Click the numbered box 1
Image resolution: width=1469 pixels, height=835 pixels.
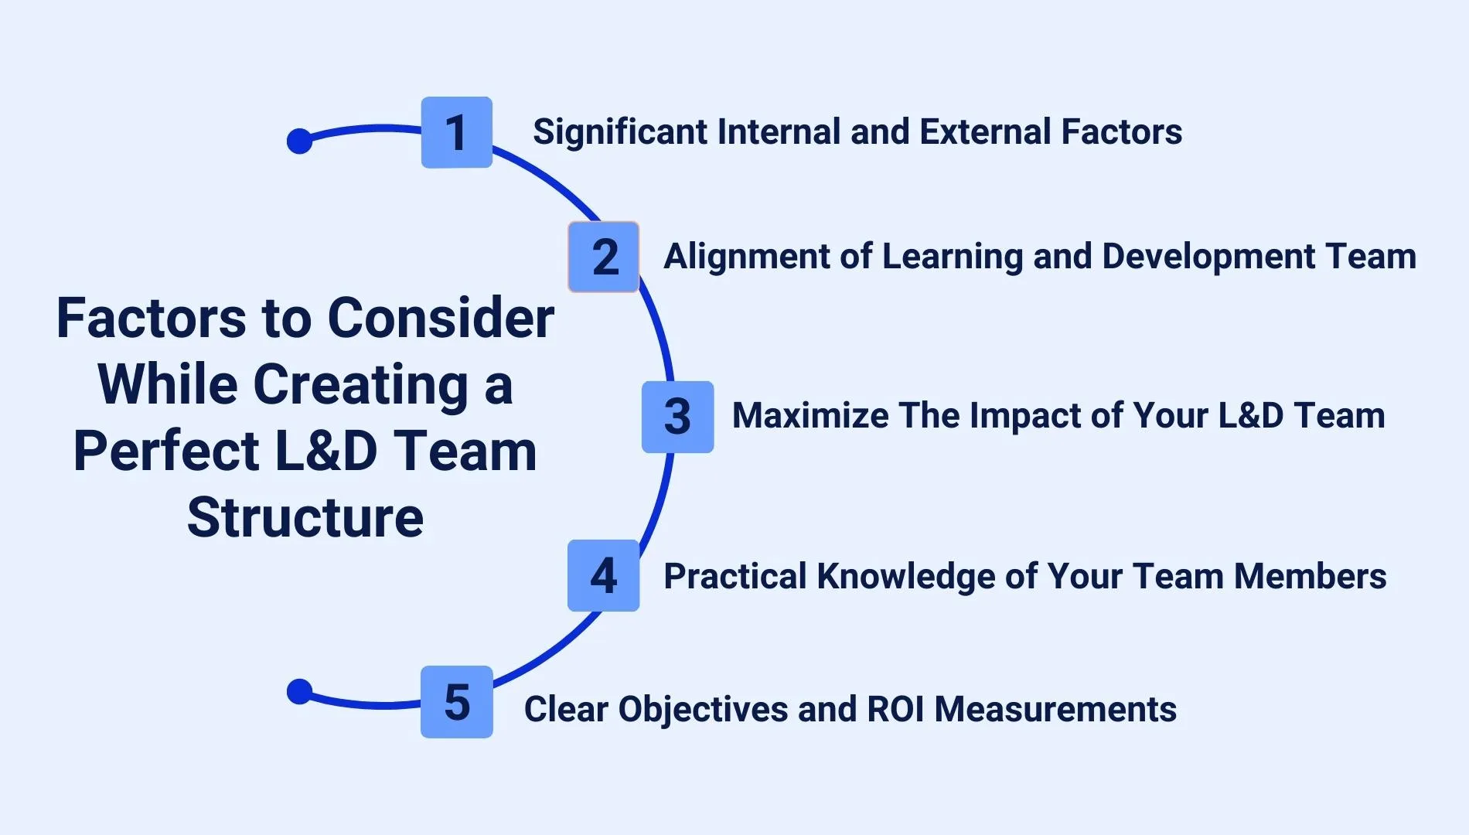(x=456, y=132)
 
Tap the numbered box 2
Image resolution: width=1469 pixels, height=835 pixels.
(x=604, y=257)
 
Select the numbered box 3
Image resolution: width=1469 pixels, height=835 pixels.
(x=677, y=417)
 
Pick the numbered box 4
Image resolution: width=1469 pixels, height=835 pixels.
(x=603, y=576)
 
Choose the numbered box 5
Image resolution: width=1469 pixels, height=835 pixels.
(x=457, y=702)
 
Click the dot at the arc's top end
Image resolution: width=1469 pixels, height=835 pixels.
(x=299, y=141)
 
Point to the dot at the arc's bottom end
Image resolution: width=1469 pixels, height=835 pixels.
(x=299, y=691)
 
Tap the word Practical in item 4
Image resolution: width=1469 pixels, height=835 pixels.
(x=734, y=577)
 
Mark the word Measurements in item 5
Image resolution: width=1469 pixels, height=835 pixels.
(x=1055, y=709)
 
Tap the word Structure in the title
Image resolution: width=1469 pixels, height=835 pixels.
(x=305, y=517)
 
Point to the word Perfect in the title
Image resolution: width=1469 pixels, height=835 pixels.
(x=166, y=452)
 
